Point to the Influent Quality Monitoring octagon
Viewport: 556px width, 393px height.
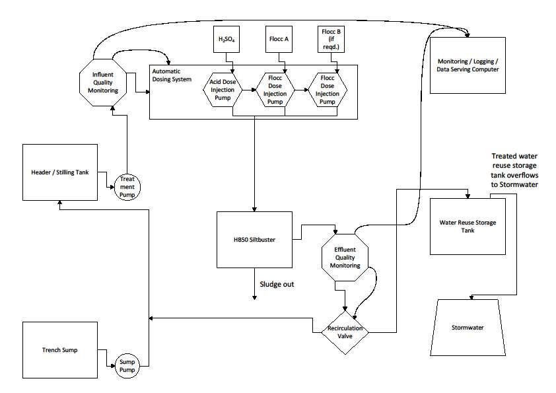(x=103, y=82)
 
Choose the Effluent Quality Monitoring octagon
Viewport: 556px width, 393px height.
(x=346, y=258)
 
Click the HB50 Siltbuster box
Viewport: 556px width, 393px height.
(x=254, y=239)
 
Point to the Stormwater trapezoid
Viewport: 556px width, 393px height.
(x=468, y=327)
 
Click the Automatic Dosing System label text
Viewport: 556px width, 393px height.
(x=172, y=75)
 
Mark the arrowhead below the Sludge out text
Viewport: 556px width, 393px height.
(x=254, y=298)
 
